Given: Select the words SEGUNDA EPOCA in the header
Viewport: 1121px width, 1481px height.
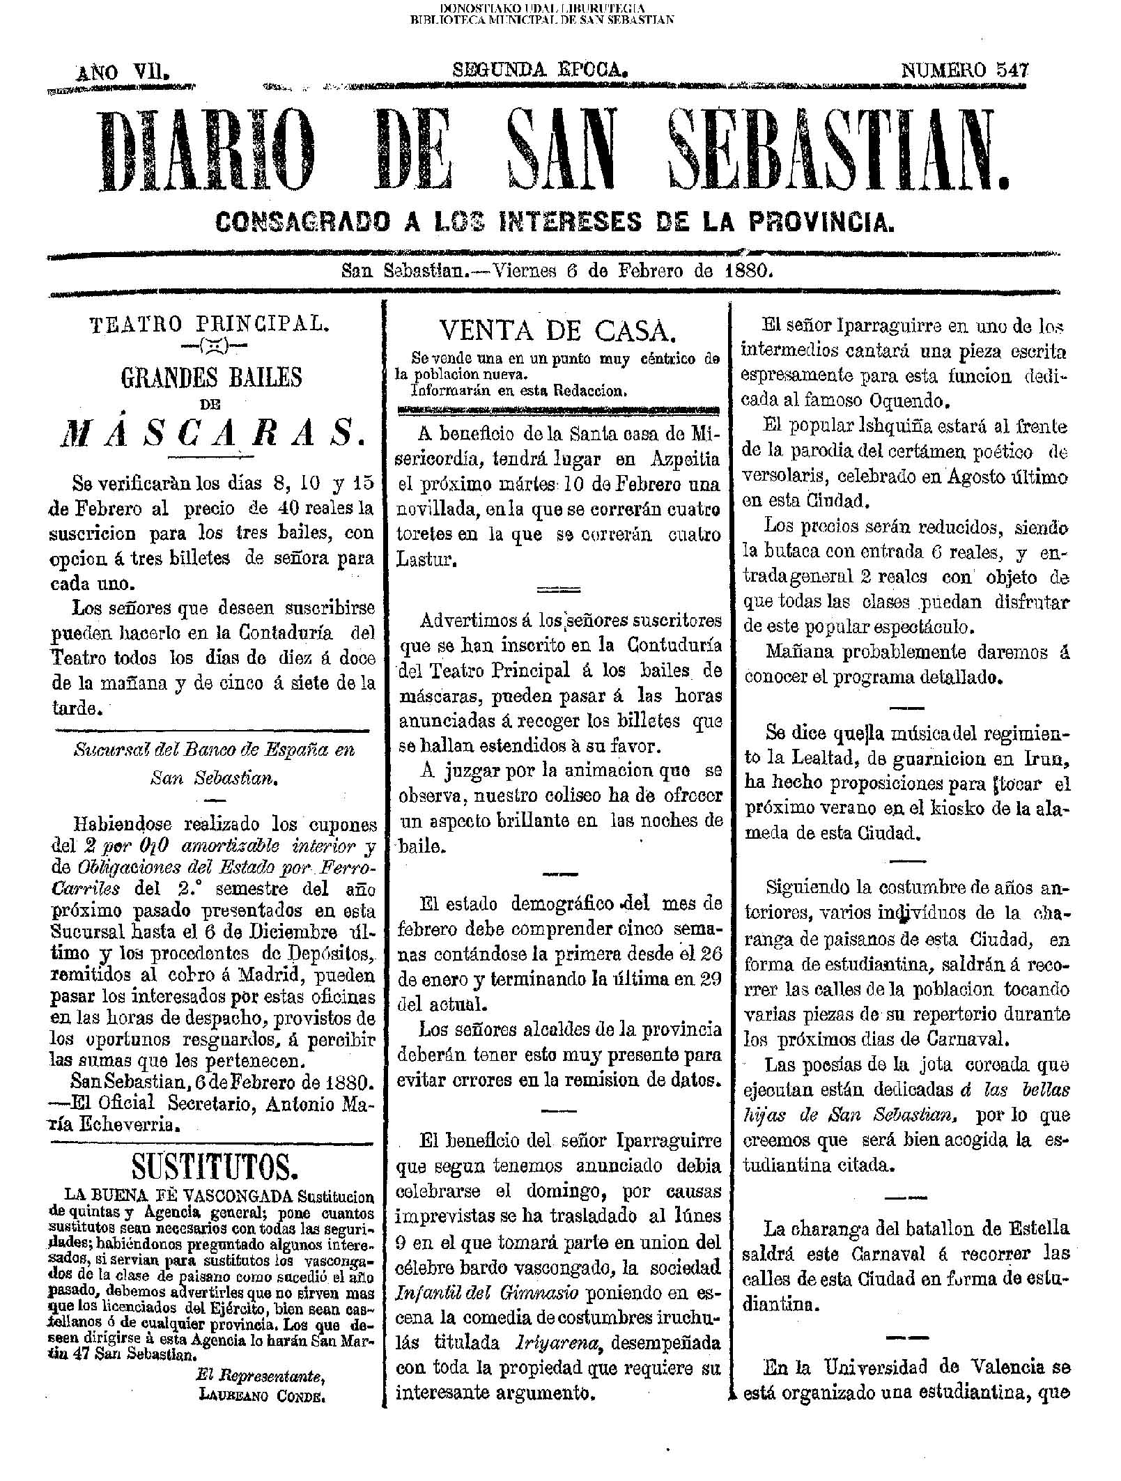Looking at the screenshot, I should [541, 70].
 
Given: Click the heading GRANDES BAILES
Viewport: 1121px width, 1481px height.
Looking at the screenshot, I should [212, 378].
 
